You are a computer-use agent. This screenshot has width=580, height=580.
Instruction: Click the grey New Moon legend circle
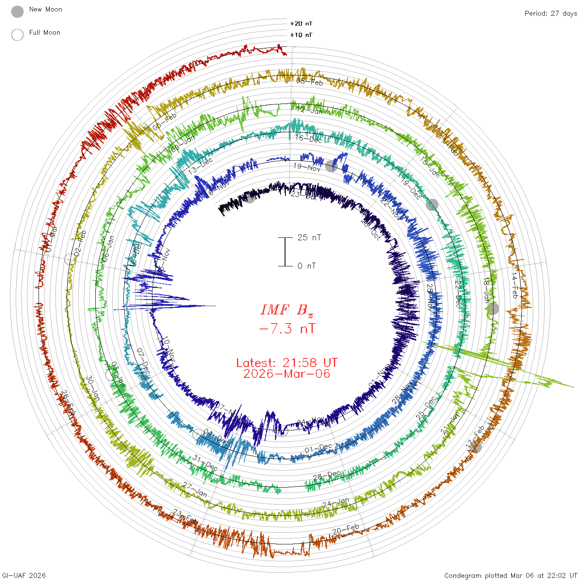click(17, 12)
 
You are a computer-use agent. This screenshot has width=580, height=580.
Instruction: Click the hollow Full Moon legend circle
click(17, 35)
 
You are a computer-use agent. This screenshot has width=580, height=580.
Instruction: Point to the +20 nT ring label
click(301, 24)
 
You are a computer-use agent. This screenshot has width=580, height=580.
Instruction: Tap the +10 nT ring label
click(301, 35)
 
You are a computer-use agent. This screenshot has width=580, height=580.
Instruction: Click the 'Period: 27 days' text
click(551, 13)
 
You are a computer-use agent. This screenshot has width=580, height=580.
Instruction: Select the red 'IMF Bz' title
click(287, 310)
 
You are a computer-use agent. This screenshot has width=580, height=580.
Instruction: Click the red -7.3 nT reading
click(287, 329)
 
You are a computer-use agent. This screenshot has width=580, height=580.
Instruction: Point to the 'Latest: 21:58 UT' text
click(287, 363)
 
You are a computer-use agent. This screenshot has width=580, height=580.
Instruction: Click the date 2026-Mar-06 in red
click(287, 374)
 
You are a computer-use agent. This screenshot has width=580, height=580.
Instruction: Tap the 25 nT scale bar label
click(309, 237)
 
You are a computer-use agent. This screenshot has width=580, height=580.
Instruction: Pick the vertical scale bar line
click(285, 251)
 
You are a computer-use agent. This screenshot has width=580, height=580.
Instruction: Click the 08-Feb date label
click(309, 82)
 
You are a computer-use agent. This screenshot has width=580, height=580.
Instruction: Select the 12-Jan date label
click(309, 110)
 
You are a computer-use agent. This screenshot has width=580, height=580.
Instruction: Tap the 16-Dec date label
click(309, 139)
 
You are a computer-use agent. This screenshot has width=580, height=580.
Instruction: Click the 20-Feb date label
click(346, 529)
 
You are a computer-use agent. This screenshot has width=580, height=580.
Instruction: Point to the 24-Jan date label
click(336, 503)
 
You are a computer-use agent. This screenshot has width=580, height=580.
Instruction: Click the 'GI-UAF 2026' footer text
click(24, 575)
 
